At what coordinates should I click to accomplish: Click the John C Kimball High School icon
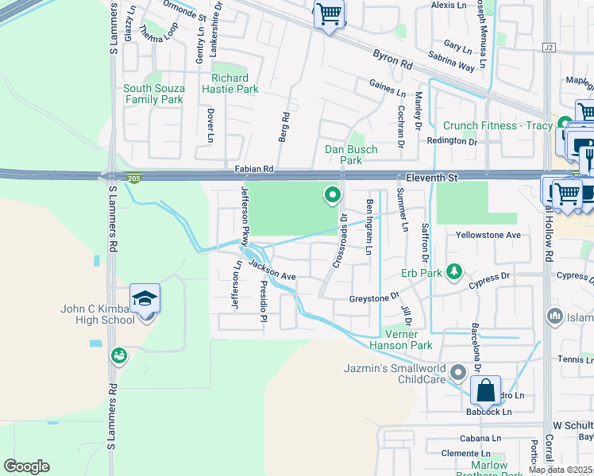145,299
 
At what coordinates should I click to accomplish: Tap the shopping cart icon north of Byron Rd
328,14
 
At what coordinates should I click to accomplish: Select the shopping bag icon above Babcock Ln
484,391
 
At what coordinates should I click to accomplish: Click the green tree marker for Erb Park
454,272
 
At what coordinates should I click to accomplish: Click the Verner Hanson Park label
401,340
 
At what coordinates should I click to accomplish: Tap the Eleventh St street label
430,179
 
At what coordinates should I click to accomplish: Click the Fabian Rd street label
253,169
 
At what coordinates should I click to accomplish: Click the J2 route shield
548,48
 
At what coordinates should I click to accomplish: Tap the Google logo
26,466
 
